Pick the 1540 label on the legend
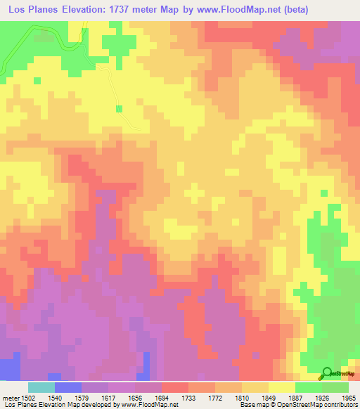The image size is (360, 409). pos(56,397)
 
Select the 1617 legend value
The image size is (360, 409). pos(110,397)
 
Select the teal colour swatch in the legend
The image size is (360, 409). pos(41,387)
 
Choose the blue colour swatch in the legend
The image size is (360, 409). pos(68,387)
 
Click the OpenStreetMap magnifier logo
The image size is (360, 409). pos(326,373)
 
